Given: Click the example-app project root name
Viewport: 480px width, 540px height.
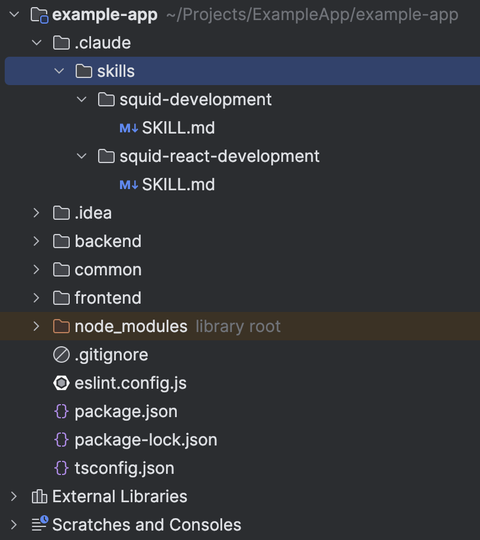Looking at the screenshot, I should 105,15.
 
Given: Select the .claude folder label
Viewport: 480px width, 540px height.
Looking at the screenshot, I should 102,43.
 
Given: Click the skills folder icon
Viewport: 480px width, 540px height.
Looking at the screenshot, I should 84,71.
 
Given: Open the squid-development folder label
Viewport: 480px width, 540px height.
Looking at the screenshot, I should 195,100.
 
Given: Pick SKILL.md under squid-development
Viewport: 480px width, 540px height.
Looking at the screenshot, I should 178,128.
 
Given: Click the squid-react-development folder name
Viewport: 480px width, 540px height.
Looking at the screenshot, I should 219,157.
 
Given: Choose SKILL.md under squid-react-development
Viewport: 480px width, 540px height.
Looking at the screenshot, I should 178,185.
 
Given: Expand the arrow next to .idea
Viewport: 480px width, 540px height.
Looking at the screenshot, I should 37,213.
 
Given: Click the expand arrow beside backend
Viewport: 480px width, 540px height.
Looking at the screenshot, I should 37,241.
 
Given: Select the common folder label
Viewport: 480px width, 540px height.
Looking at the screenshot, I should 108,270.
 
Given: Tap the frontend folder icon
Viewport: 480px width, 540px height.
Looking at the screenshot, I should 61,298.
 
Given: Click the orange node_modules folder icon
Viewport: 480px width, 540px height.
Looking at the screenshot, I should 61,326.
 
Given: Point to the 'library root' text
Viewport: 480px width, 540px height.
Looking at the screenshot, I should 238,327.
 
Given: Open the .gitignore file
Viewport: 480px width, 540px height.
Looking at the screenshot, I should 111,355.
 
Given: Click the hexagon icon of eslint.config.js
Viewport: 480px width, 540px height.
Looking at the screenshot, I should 61,383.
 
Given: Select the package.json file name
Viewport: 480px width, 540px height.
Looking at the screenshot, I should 126,412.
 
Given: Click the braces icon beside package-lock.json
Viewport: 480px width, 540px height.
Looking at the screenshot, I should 61,440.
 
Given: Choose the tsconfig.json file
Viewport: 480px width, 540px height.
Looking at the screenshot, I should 124,469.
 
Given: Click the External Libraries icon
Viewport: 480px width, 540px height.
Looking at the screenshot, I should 39,497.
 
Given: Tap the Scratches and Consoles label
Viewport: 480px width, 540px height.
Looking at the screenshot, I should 147,525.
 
